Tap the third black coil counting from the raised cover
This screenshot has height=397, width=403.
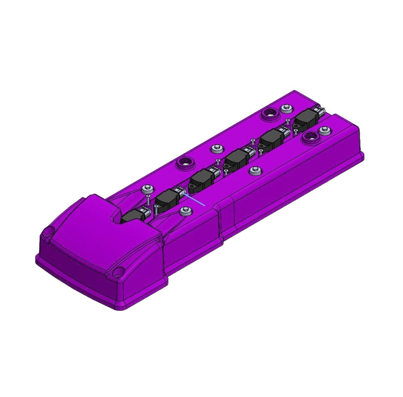tap(201, 180)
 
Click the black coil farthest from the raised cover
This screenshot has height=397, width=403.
tap(308, 119)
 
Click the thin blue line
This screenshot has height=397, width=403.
tap(196, 200)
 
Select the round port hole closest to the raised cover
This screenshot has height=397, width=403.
tap(184, 164)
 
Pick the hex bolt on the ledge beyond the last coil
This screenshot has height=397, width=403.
tap(324, 130)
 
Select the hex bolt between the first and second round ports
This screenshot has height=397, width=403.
tap(215, 149)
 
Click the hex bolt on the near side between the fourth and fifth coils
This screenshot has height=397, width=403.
tap(253, 170)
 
